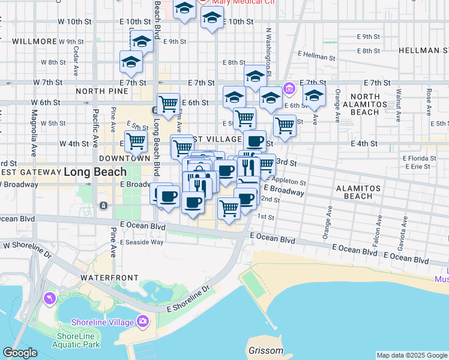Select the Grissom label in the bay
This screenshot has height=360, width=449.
coord(265,350)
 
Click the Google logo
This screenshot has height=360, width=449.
coord(20,353)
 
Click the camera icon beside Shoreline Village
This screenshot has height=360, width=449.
coord(142,322)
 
